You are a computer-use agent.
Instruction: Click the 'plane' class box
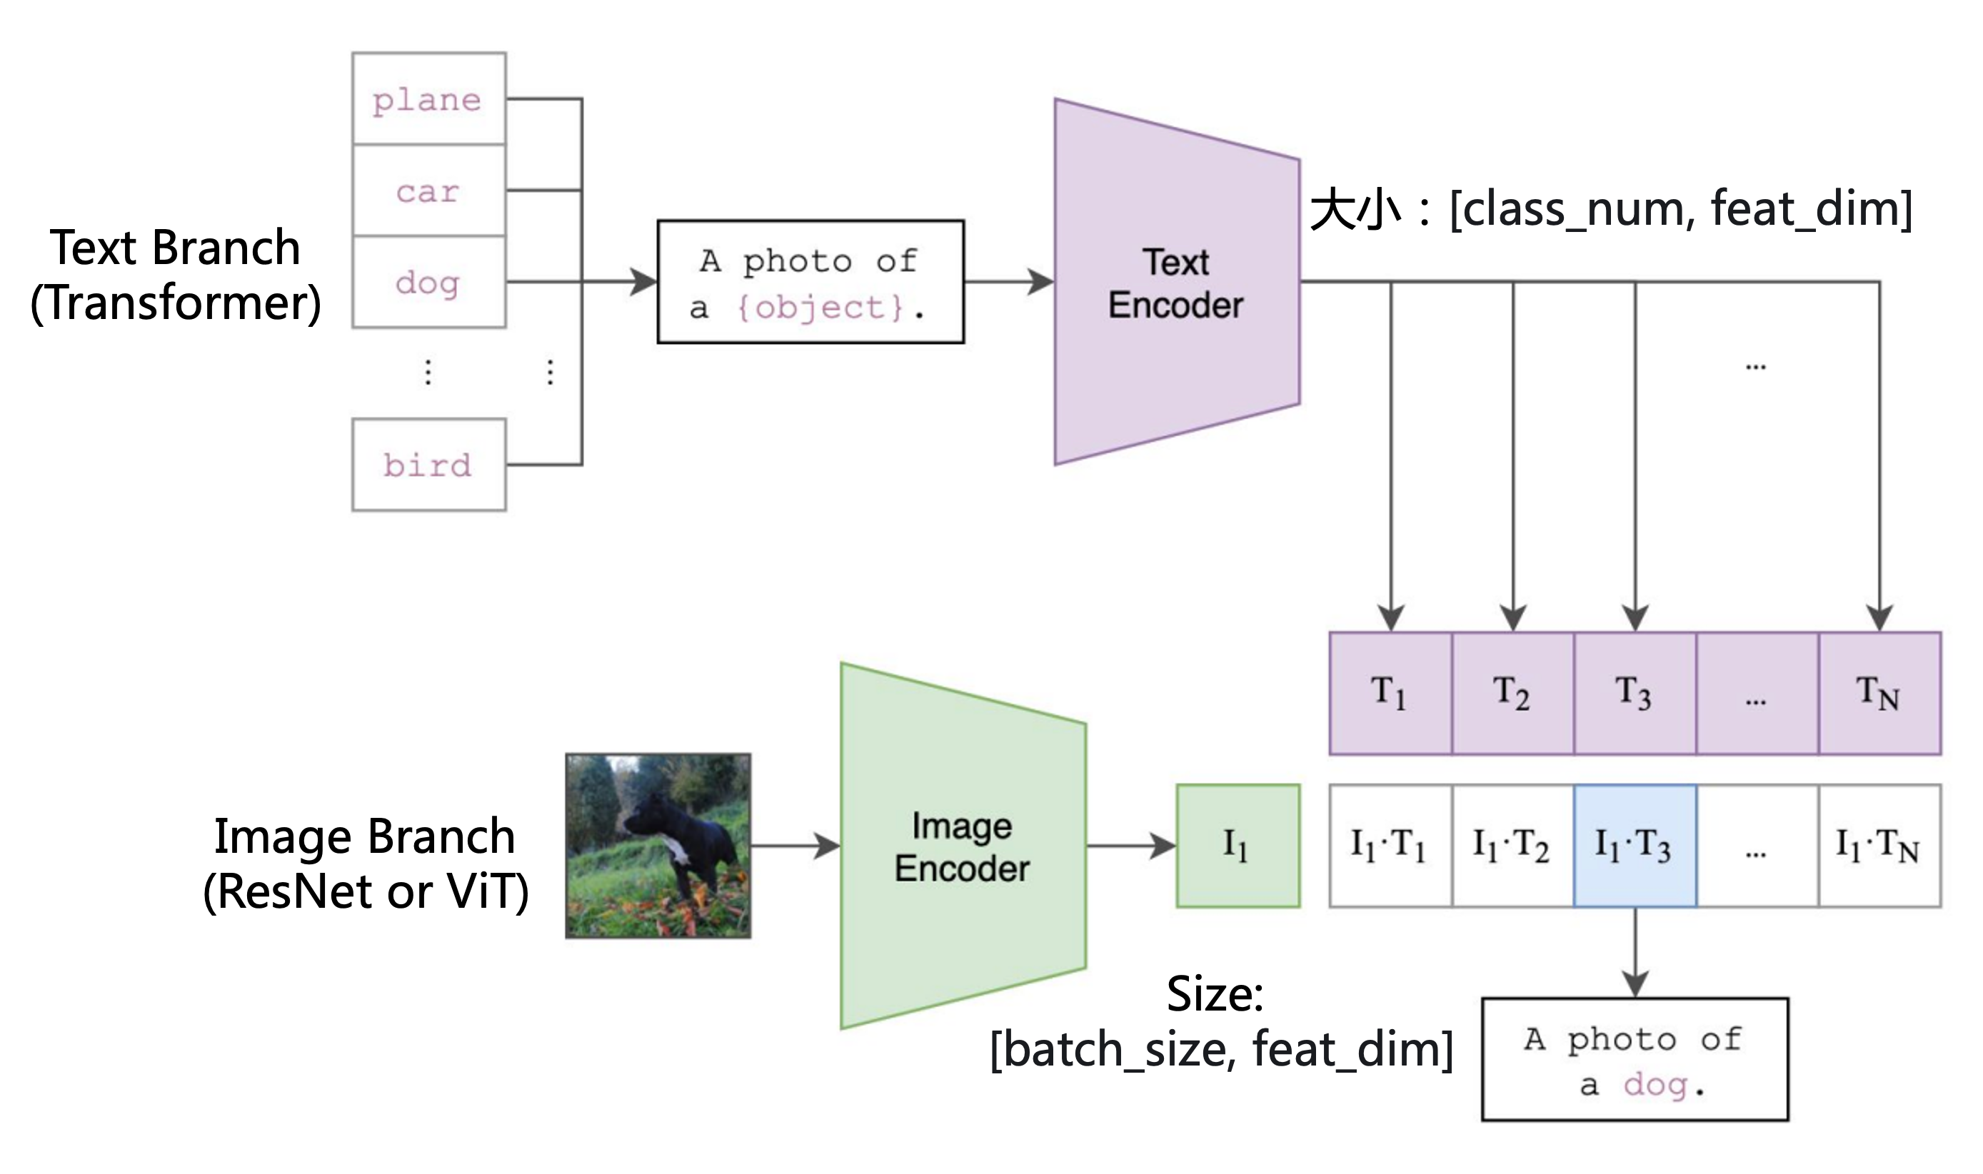click(x=429, y=99)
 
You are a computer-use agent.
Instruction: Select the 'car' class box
click(x=429, y=191)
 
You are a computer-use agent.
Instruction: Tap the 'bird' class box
click(x=429, y=465)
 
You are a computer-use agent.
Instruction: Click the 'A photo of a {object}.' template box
click(x=810, y=282)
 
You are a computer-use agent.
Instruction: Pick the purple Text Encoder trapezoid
click(x=1177, y=282)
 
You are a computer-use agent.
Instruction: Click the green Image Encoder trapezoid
click(x=963, y=846)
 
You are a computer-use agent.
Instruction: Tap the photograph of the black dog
click(x=658, y=846)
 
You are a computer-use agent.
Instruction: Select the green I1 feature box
click(x=1238, y=846)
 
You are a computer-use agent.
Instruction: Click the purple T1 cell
click(x=1390, y=693)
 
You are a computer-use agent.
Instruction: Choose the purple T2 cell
click(x=1513, y=693)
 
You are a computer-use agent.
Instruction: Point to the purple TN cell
click(x=1879, y=693)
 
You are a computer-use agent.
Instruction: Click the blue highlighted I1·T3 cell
click(x=1635, y=846)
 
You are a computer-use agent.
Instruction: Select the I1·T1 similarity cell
click(x=1390, y=846)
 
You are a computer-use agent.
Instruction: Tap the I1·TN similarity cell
click(x=1879, y=846)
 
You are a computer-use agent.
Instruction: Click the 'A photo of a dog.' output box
click(x=1635, y=1059)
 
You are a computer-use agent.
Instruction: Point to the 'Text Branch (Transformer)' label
click(x=176, y=275)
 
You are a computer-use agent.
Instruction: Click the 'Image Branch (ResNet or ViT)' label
click(x=366, y=864)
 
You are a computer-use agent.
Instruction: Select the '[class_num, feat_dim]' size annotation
click(x=1681, y=209)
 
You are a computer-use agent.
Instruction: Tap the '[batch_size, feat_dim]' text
click(x=1222, y=1049)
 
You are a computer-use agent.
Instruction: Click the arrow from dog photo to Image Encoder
click(x=795, y=846)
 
